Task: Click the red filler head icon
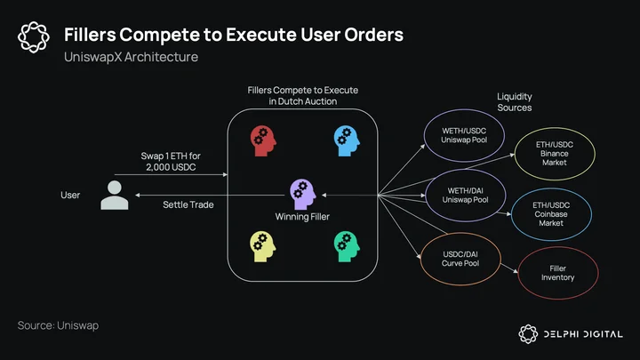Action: pyautogui.click(x=263, y=140)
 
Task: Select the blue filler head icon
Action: pyautogui.click(x=347, y=140)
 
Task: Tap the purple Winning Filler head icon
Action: pyautogui.click(x=302, y=195)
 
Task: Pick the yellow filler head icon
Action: pyautogui.click(x=263, y=247)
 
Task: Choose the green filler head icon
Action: pyautogui.click(x=347, y=247)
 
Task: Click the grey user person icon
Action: pyautogui.click(x=115, y=195)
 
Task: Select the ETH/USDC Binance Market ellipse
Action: pyautogui.click(x=515, y=154)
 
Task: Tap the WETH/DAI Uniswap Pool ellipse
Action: pyautogui.click(x=426, y=196)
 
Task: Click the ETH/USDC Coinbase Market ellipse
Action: pyautogui.click(x=512, y=214)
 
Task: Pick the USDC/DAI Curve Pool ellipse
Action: pyautogui.click(x=421, y=259)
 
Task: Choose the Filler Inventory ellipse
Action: pyautogui.click(x=519, y=273)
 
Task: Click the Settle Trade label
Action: pyautogui.click(x=188, y=204)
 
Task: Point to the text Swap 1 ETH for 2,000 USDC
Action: pyautogui.click(x=171, y=161)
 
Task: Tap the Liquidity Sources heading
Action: pyautogui.click(x=515, y=102)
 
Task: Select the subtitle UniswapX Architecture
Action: pyautogui.click(x=131, y=57)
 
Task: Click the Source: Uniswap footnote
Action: pyautogui.click(x=58, y=325)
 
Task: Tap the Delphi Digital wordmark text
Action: pyautogui.click(x=583, y=334)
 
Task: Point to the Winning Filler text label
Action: pyautogui.click(x=302, y=217)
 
